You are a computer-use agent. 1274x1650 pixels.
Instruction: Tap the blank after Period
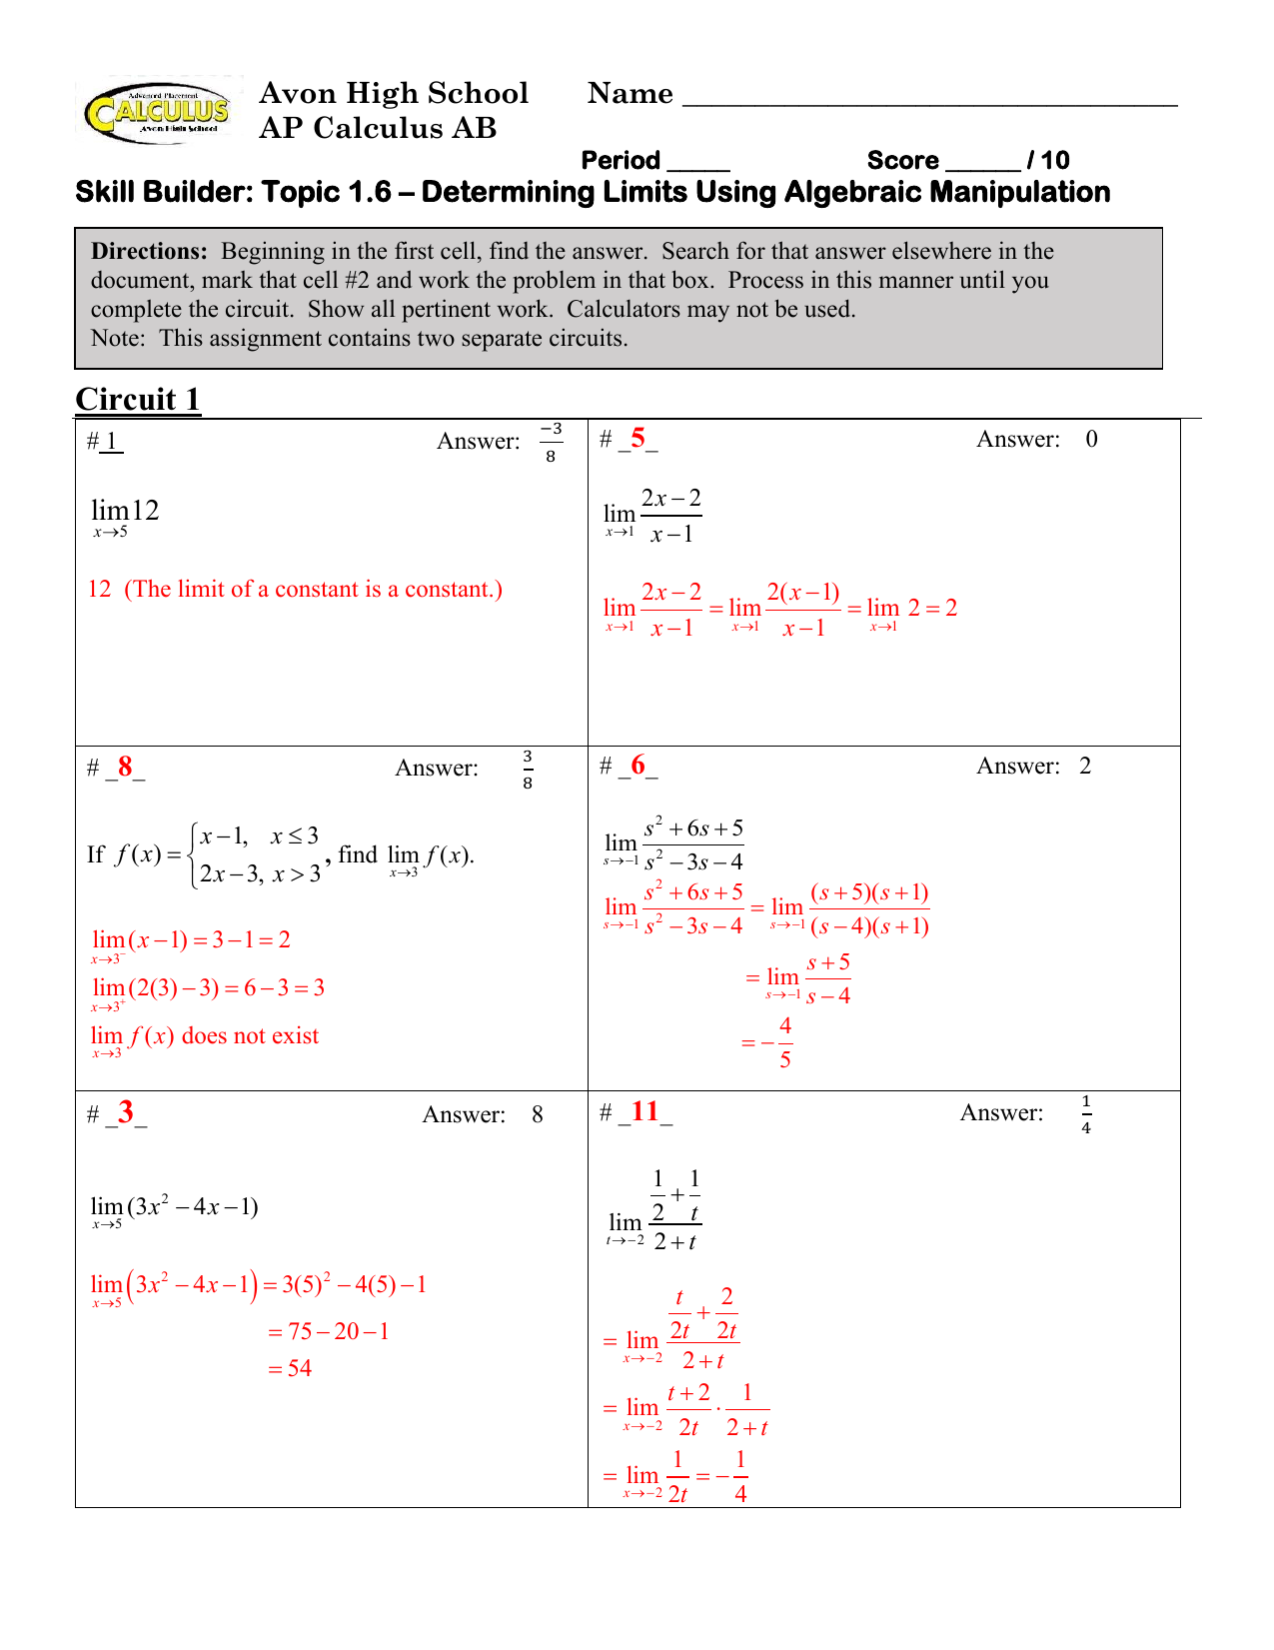pos(698,164)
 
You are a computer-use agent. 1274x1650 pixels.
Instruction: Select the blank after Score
pos(982,164)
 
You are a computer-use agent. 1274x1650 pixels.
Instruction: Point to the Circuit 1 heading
pos(138,400)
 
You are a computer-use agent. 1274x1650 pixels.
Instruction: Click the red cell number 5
pos(637,438)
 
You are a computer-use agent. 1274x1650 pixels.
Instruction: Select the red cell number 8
pos(125,767)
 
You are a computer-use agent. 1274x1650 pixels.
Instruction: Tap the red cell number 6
pos(637,766)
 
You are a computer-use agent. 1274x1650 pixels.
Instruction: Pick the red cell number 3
pos(126,1112)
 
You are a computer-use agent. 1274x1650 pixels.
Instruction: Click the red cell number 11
pos(644,1111)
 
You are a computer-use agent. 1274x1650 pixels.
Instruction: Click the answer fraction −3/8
pos(551,442)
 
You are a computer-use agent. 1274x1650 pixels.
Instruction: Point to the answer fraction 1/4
pos(1086,1114)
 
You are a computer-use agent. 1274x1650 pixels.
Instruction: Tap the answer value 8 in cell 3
pos(538,1114)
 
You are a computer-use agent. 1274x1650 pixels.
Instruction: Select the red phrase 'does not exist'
pos(250,1035)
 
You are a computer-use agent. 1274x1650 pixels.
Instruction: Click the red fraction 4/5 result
pos(784,1042)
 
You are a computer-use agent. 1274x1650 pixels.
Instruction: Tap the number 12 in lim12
pos(145,511)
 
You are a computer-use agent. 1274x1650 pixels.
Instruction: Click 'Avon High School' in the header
pos(393,93)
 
